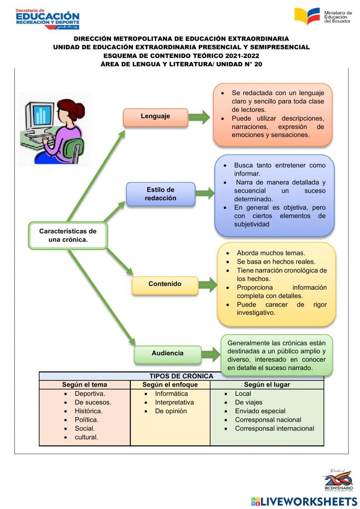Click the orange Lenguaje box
pos(156,117)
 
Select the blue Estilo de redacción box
pos(161,194)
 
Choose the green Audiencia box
pos(167,354)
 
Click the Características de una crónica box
pos(68,236)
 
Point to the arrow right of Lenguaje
pos(199,117)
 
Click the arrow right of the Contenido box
pos(208,285)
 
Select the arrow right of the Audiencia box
pos(211,354)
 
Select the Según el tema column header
pos(85,385)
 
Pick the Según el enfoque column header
pos(170,385)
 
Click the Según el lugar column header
pos(267,385)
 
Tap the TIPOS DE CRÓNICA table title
pos(181,376)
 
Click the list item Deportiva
pos(90,394)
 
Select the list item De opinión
pos(171,411)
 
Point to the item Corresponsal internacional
pos(274,428)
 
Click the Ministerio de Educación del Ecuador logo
pos(323,17)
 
